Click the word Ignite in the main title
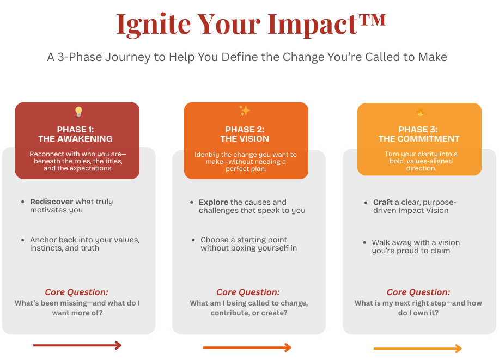(x=154, y=25)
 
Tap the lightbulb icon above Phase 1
(x=78, y=112)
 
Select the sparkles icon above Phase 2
(x=245, y=111)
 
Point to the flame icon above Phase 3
(x=421, y=112)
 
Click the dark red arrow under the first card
(x=77, y=345)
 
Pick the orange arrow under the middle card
(x=247, y=347)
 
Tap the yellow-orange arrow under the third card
(x=417, y=349)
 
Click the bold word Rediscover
(x=52, y=202)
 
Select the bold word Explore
(x=214, y=203)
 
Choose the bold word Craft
(x=383, y=203)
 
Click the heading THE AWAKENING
(x=75, y=139)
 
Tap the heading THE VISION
(x=245, y=139)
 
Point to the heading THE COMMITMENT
(x=419, y=139)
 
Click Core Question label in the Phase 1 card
(x=76, y=292)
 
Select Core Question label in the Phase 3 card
(x=418, y=292)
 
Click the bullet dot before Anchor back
(x=22, y=240)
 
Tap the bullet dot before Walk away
(x=364, y=242)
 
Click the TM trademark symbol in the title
(x=372, y=20)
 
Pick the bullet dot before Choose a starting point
(x=193, y=240)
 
